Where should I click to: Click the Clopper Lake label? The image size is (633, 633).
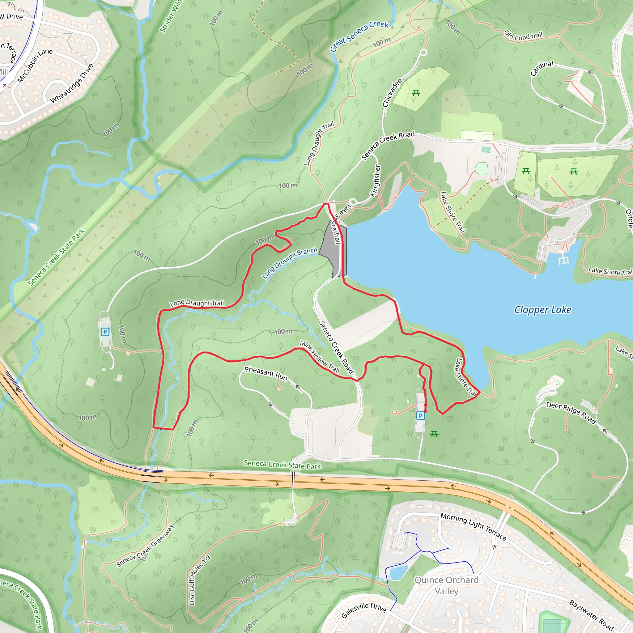pos(542,310)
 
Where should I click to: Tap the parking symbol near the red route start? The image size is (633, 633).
pos(420,416)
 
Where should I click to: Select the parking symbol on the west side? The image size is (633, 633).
pos(105,332)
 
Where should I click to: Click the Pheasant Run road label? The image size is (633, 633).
pos(266,373)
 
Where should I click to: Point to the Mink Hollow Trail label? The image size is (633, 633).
pos(320,357)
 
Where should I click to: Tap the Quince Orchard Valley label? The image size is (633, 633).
pos(447,585)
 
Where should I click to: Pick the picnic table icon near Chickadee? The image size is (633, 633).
pos(416,93)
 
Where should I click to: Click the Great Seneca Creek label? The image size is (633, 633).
pos(359,36)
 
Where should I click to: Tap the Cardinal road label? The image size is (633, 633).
pos(542,68)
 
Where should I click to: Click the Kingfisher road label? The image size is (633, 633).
pos(376,181)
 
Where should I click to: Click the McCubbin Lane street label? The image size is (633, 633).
pos(35,65)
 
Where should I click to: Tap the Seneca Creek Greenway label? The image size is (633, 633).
pos(145,546)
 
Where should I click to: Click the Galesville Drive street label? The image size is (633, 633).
pos(364,610)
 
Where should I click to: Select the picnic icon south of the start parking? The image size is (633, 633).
pos(434,434)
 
